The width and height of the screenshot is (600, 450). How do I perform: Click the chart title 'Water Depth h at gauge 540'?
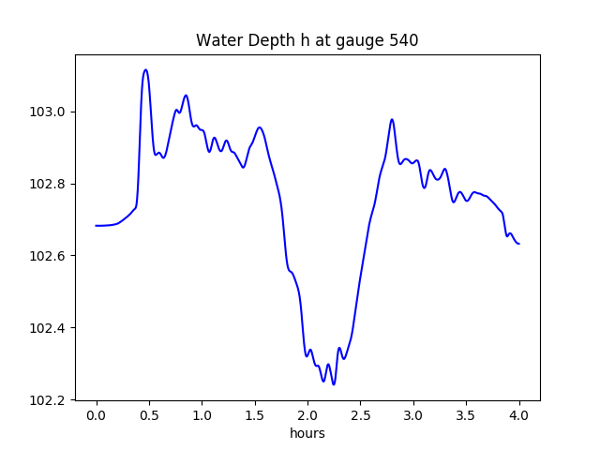click(x=307, y=41)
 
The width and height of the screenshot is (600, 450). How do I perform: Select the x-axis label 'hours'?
click(x=307, y=433)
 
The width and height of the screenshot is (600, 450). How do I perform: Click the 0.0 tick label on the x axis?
click(x=97, y=415)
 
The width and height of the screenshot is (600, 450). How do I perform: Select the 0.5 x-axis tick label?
click(x=149, y=415)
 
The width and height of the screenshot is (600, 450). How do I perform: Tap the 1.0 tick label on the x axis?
click(x=202, y=415)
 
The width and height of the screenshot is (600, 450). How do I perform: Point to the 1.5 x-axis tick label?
click(x=255, y=415)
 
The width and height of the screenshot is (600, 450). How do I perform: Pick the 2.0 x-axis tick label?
click(x=307, y=415)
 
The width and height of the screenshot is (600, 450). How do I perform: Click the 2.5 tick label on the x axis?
click(x=361, y=415)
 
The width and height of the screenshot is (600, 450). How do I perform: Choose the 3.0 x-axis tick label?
click(x=413, y=415)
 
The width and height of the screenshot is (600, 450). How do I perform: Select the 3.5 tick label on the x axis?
click(x=466, y=415)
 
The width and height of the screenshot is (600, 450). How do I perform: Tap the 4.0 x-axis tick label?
click(x=519, y=415)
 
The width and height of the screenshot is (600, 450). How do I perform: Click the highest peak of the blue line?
click(x=145, y=70)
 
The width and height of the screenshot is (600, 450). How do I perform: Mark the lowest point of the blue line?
click(x=334, y=384)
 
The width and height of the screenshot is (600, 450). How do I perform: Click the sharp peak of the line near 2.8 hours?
click(x=392, y=119)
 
